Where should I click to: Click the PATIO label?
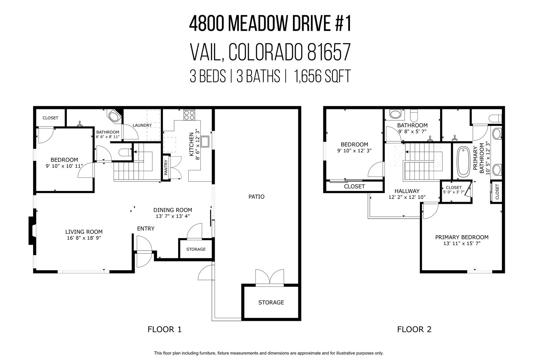256,197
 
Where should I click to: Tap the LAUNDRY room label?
142,125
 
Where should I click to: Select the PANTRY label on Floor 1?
166,167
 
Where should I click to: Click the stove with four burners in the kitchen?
189,115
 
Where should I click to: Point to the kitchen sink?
205,141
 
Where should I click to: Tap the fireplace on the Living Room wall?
32,230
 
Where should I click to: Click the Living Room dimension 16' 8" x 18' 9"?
84,238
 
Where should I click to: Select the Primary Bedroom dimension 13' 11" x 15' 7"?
462,243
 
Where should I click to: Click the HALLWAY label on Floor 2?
407,191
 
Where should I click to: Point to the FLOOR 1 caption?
164,329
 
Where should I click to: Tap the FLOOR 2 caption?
414,329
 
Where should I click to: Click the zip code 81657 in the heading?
329,52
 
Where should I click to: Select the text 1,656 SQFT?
322,76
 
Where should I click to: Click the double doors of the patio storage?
270,277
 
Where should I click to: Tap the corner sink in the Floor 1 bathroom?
114,116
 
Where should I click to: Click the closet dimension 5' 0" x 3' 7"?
454,192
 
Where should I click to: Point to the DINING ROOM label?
172,210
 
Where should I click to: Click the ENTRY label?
145,228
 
